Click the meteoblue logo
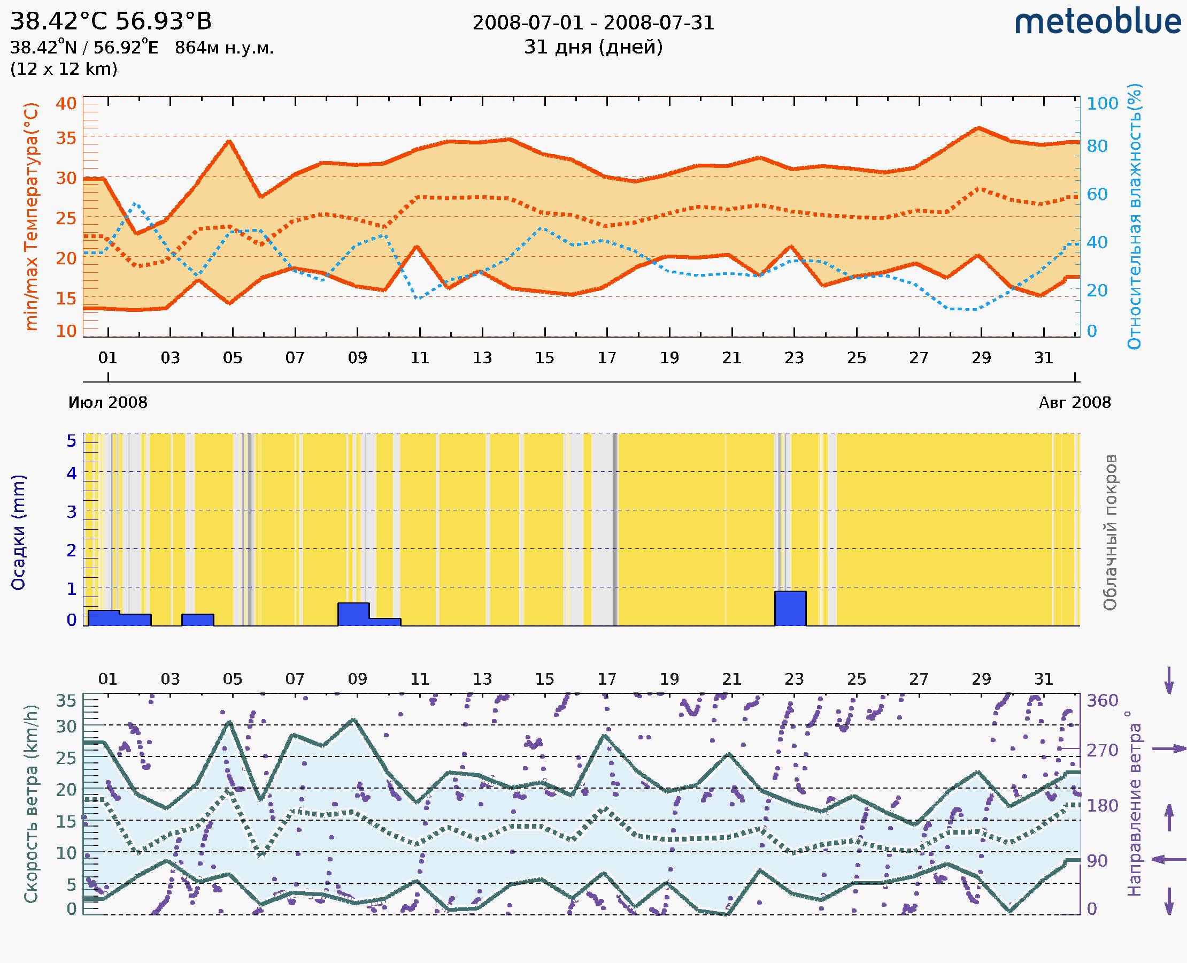[x=1097, y=22]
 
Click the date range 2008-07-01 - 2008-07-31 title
[x=593, y=23]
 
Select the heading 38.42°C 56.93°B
[x=111, y=21]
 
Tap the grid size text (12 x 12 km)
[x=64, y=70]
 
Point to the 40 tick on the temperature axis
[x=66, y=104]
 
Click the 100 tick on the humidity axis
[x=1102, y=104]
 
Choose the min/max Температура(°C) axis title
[x=32, y=216]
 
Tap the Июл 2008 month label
[x=107, y=403]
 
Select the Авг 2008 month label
[x=1075, y=403]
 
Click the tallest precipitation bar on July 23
[x=790, y=608]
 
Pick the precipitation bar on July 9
[x=354, y=614]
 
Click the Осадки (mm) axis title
[x=18, y=532]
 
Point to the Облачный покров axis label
[x=1109, y=532]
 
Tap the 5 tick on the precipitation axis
[x=72, y=441]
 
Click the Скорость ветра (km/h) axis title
[x=32, y=804]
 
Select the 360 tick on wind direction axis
[x=1102, y=701]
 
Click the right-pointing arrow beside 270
[x=1169, y=749]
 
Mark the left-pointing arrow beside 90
[x=1169, y=860]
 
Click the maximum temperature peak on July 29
[x=980, y=128]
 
